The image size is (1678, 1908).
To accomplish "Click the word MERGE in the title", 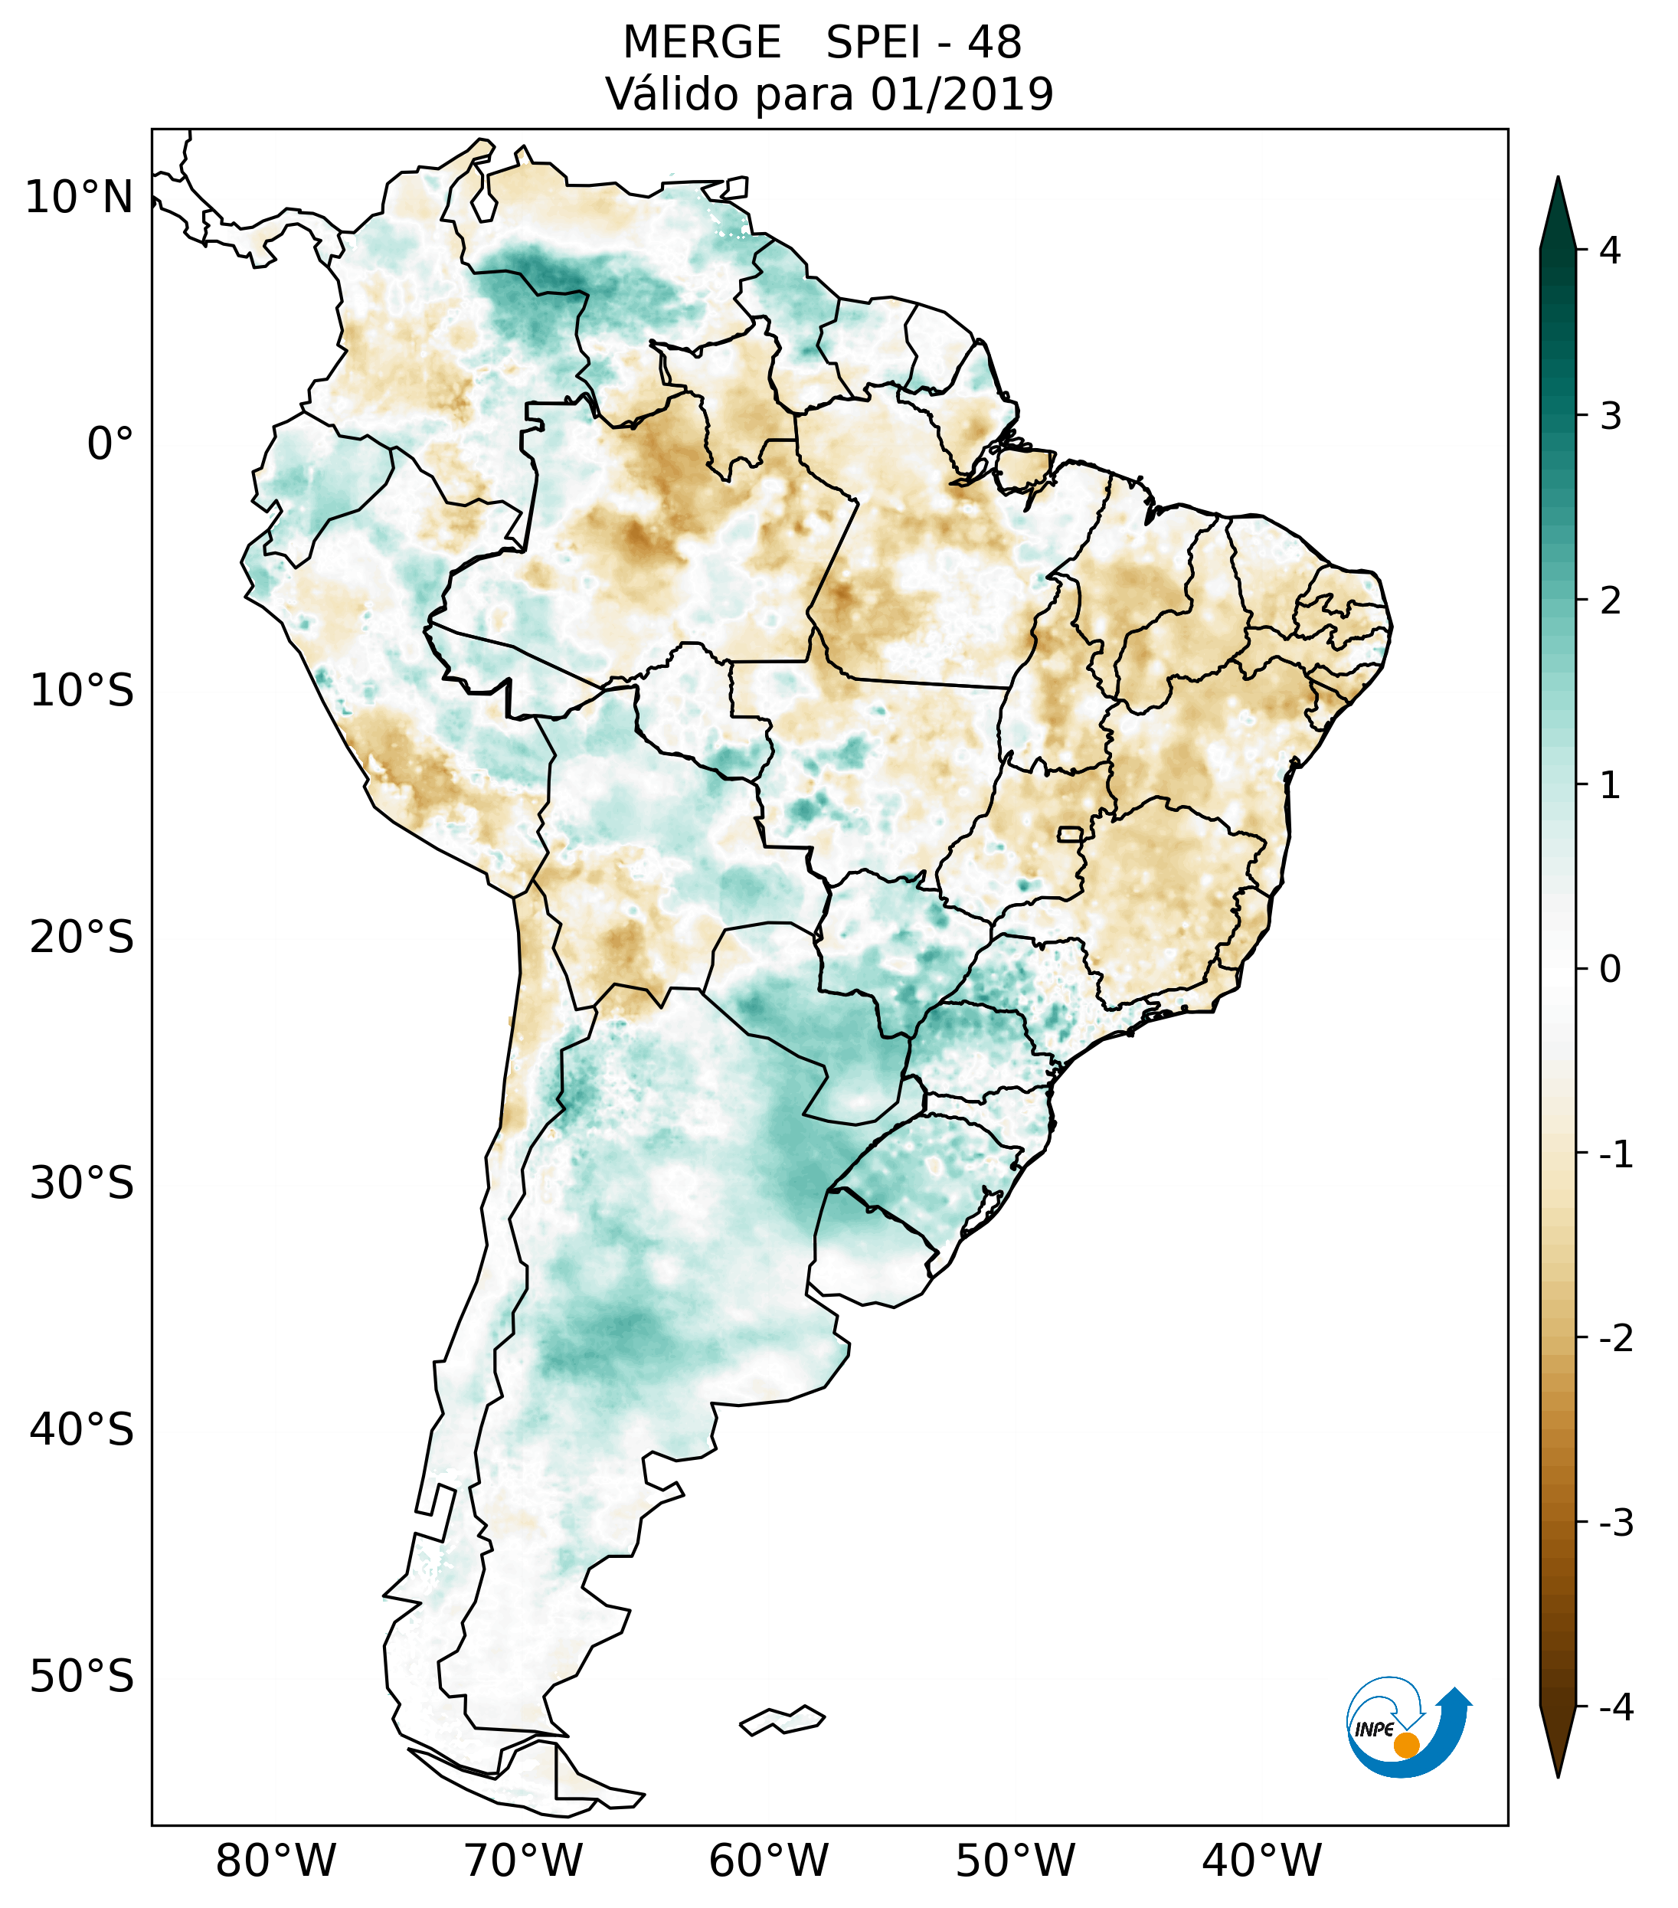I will click(x=702, y=43).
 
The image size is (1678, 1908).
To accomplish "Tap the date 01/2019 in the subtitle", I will click(x=961, y=94).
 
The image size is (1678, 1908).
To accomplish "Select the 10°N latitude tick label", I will click(x=80, y=198).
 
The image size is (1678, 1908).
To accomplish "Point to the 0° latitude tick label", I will click(x=110, y=444).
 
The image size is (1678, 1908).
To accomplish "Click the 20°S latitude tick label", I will click(x=82, y=938).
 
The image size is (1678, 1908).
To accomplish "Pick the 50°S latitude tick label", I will click(x=82, y=1677).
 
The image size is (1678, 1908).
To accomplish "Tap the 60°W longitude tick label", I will click(x=768, y=1861).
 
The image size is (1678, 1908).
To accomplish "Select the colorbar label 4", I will click(x=1609, y=250).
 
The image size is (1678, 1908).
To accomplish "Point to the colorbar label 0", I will click(x=1609, y=970).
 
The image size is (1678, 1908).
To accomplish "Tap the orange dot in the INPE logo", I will click(x=1405, y=1745).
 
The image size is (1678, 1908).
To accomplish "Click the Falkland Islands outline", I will click(x=782, y=1720).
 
